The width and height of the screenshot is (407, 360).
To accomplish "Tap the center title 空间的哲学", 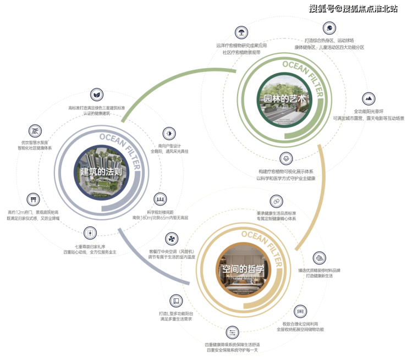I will point(243,270).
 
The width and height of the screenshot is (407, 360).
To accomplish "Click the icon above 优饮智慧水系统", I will point(37,131).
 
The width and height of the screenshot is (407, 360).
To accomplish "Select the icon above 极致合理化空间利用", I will point(300,312).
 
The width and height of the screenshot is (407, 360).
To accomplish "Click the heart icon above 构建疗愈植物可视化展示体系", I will point(286,159).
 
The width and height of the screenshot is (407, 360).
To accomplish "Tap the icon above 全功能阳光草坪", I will point(368,99).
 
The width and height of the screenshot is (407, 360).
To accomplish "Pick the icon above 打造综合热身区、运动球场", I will point(329,28).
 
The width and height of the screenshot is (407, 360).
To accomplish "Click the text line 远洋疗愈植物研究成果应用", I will point(241,45).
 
